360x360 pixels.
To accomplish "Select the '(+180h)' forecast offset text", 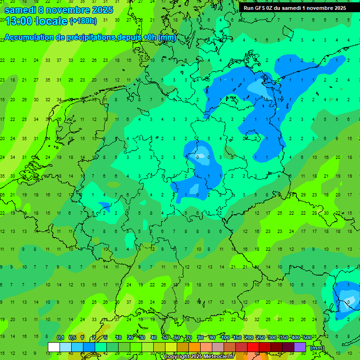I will [x=83, y=21].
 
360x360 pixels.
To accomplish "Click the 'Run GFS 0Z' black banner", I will [x=294, y=8].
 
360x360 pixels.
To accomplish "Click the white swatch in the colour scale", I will [x=54, y=347].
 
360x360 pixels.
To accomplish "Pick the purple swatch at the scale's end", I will [x=300, y=347].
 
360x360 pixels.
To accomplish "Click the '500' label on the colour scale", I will [x=307, y=337].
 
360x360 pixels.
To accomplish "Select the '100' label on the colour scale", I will [x=225, y=337].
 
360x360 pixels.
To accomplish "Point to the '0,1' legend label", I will [x=60, y=337].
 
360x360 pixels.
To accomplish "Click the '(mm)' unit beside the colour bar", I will [x=317, y=348].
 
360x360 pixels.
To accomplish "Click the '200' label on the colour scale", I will [x=248, y=337].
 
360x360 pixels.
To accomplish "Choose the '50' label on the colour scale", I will [x=165, y=337].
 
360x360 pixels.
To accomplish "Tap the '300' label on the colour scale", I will [x=272, y=337].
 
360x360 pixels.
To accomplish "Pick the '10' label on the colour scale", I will [x=119, y=337].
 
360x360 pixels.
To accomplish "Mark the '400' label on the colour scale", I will [x=295, y=337].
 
